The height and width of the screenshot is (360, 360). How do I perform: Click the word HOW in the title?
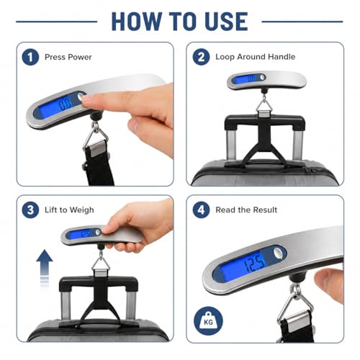click(137, 22)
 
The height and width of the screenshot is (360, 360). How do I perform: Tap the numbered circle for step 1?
click(30, 57)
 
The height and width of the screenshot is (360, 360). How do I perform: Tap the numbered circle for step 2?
click(201, 57)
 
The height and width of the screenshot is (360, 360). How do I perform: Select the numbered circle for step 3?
click(30, 210)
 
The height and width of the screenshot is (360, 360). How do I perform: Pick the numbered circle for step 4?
click(201, 210)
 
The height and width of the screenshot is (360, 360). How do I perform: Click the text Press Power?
click(68, 57)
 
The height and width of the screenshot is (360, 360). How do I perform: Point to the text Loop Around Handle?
click(256, 57)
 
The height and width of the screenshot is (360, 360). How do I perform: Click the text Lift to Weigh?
click(69, 210)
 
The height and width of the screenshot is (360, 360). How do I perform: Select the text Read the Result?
click(246, 210)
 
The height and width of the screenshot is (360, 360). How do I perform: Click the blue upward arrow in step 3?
click(45, 268)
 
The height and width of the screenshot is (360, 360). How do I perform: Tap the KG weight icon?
click(208, 321)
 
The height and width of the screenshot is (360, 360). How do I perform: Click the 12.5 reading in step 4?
click(254, 264)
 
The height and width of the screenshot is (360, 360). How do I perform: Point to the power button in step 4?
click(279, 253)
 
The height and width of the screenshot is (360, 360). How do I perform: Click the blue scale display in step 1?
click(56, 107)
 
